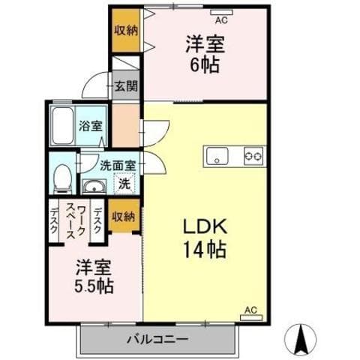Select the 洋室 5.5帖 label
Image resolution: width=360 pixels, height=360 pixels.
(93, 275)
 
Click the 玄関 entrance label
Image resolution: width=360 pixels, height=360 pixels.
(126, 85)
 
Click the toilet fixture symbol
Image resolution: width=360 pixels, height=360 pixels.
(64, 177)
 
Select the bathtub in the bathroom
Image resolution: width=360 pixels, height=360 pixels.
(61, 126)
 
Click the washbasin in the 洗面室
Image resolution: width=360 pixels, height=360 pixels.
(94, 186)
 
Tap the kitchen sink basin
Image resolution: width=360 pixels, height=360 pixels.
(217, 156)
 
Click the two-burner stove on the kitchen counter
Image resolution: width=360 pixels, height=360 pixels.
(253, 155)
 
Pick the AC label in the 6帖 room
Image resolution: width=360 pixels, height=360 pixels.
(219, 12)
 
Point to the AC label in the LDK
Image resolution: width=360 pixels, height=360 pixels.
(251, 308)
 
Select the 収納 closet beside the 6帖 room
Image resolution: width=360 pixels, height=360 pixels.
(127, 30)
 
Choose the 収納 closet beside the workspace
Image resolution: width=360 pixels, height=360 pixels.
(124, 217)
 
